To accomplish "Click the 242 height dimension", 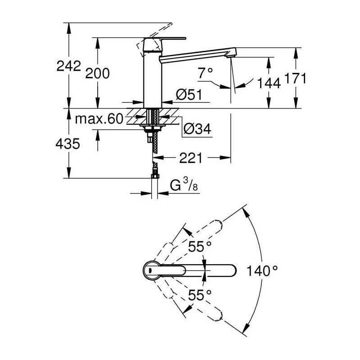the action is (x=69, y=66).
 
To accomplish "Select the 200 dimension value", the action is (x=97, y=73).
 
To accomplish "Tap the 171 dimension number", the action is (x=295, y=78).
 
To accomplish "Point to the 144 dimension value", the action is (x=269, y=83).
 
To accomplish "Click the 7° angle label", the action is (x=206, y=73).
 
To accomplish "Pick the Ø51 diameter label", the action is (x=189, y=94).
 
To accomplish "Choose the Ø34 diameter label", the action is (x=197, y=129).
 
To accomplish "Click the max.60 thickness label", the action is (x=99, y=119).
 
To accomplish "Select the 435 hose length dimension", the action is (x=68, y=144).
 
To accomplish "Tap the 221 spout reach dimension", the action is (x=191, y=158).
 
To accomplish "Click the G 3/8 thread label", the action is (x=184, y=185).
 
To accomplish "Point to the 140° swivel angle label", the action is (x=262, y=271).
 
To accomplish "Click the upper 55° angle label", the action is (x=200, y=247).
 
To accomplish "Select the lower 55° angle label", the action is (x=200, y=295).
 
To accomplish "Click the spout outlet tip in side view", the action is (x=231, y=56).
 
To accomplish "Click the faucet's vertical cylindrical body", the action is (x=153, y=79).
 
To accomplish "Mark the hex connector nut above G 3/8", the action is (x=155, y=176).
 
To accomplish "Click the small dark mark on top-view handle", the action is (x=150, y=270).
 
